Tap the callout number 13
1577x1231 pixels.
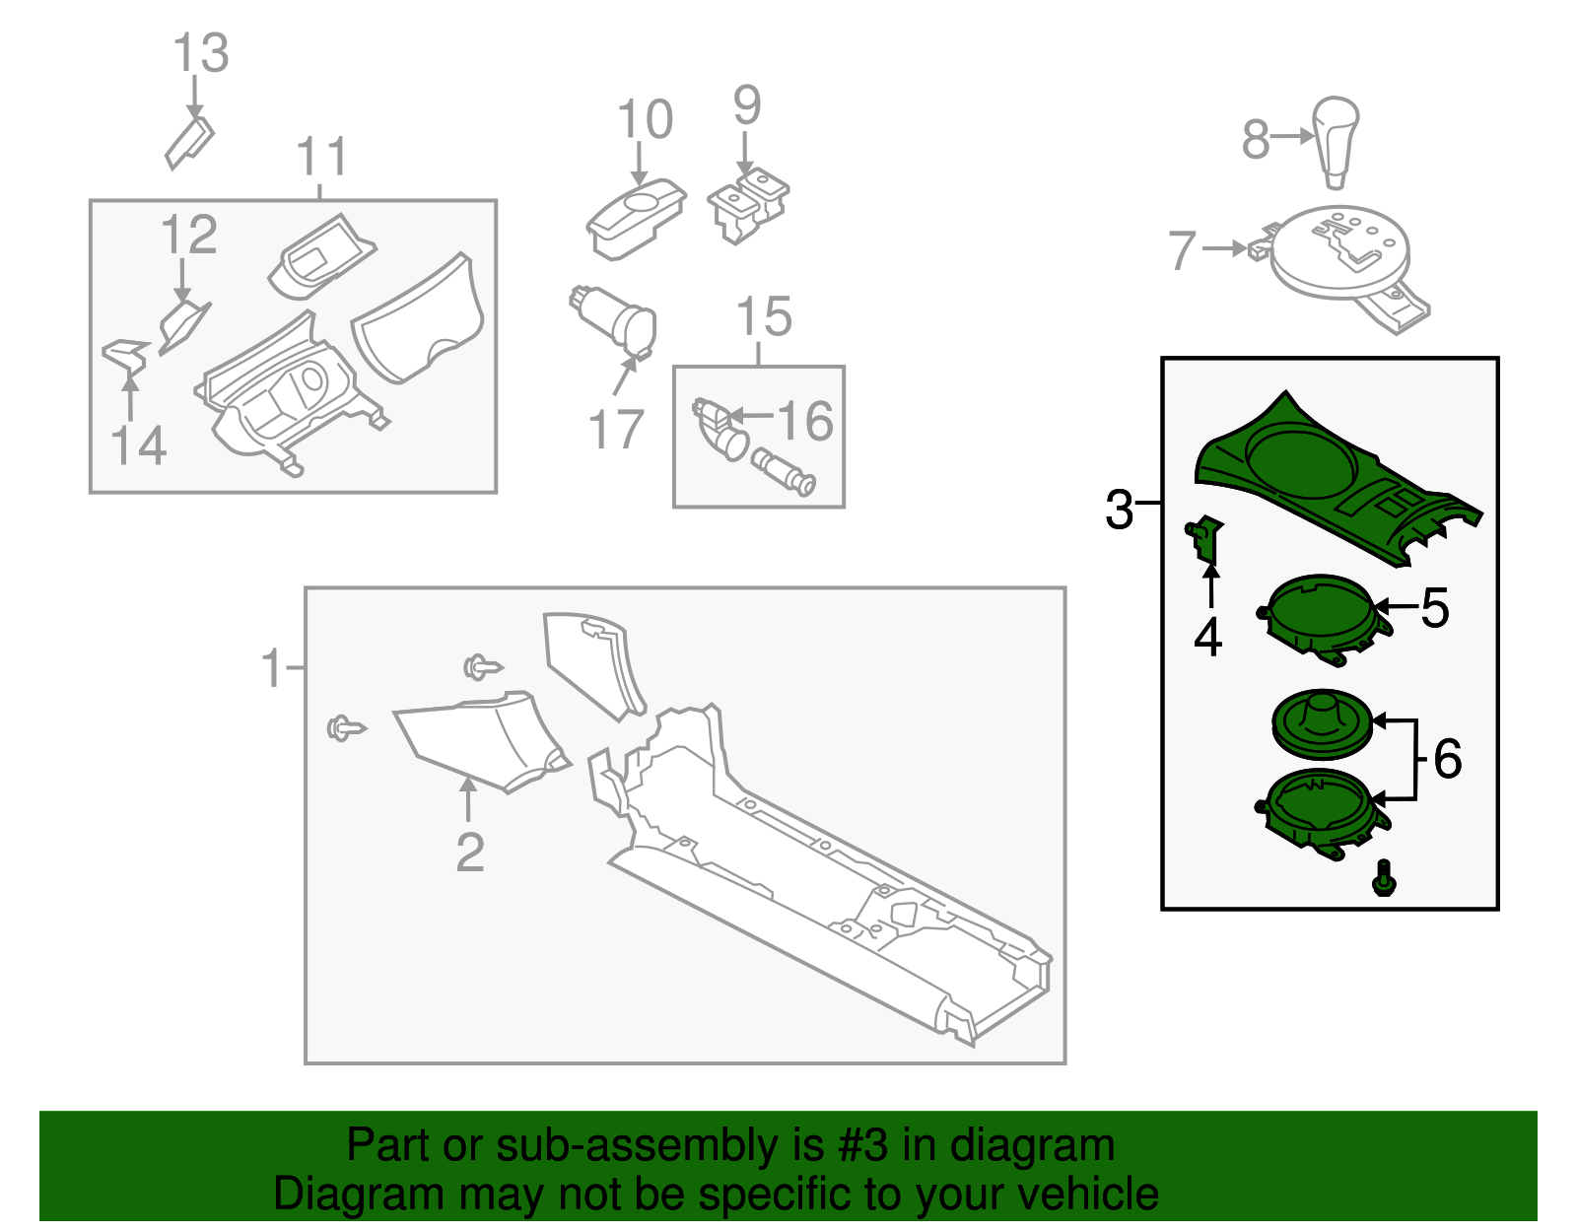tap(201, 53)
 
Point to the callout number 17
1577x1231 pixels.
tap(616, 430)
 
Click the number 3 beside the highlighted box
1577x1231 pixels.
tap(1120, 510)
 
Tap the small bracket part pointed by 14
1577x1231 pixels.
tap(126, 356)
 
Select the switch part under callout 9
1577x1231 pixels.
tap(748, 204)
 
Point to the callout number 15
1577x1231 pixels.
tap(764, 316)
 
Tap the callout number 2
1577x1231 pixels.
tap(470, 853)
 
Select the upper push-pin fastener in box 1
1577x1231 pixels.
tap(482, 668)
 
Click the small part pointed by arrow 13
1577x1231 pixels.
tap(189, 144)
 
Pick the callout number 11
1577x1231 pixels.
tap(322, 158)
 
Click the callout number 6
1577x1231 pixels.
tap(1447, 759)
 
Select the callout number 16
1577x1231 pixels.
tap(805, 422)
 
